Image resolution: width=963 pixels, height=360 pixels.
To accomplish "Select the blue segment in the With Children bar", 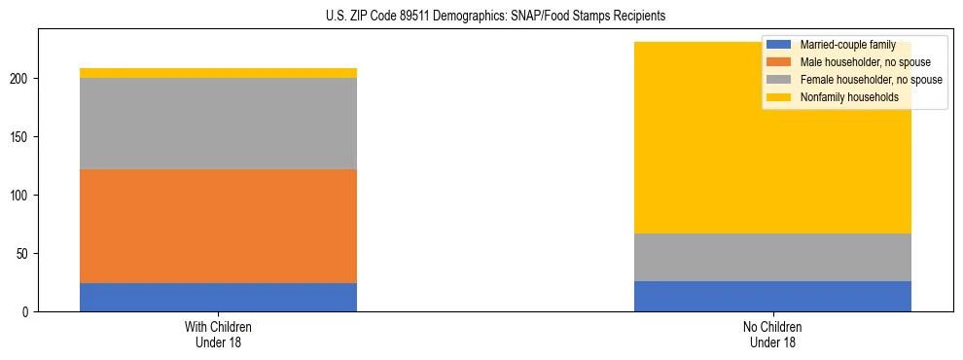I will (x=218, y=297).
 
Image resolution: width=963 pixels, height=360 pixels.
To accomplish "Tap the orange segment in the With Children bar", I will (x=218, y=226).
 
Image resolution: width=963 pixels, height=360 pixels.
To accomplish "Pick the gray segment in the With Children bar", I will (x=218, y=124).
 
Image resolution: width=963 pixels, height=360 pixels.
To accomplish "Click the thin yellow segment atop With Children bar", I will (x=218, y=73).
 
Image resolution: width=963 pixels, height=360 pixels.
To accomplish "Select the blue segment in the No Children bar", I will (x=772, y=296).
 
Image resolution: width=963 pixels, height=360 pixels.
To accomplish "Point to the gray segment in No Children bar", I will (x=772, y=257).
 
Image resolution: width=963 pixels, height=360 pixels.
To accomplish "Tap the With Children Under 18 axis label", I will (x=218, y=334).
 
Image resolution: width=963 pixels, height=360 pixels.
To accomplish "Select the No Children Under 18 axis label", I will (x=772, y=334).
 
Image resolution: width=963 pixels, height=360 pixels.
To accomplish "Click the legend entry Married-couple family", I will (x=847, y=45).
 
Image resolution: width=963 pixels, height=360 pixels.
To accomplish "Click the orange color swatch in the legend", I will (x=779, y=62).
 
